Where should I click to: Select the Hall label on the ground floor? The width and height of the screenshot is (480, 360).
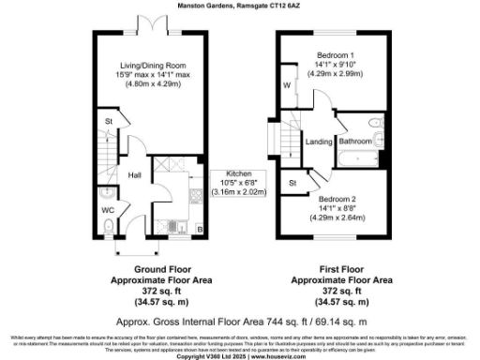134,174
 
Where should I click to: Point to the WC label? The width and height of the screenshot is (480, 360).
108,210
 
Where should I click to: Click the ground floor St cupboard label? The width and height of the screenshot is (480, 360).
109,122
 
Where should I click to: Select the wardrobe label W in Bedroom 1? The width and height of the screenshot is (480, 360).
287,86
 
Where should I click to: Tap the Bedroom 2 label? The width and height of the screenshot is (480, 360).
336,200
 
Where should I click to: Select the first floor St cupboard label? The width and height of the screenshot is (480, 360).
292,183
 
